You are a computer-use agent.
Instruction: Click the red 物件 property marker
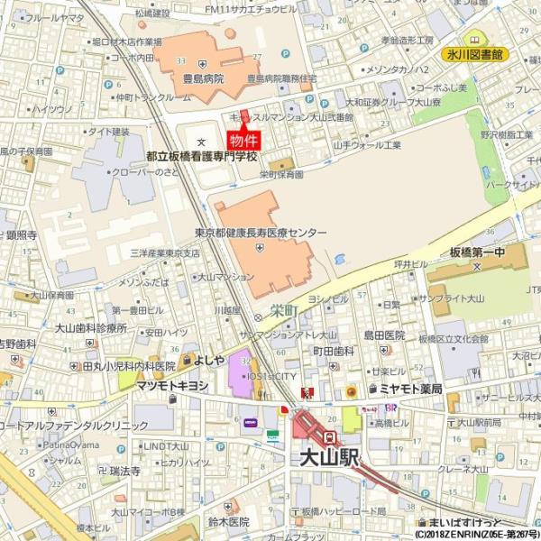point(243,141)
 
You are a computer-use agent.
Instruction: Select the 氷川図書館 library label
point(475,55)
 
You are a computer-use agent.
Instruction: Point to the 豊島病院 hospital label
point(203,79)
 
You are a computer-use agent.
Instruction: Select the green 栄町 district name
point(283,309)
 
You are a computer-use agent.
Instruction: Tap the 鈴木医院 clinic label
point(228,522)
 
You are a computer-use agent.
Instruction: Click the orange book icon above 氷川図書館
point(475,40)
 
